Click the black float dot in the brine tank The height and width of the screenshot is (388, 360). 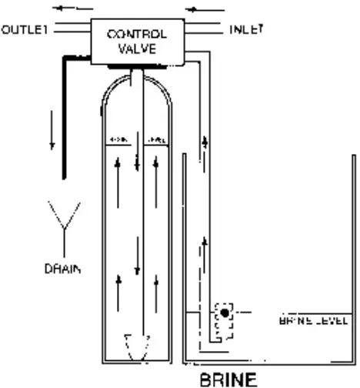pyautogui.click(x=224, y=312)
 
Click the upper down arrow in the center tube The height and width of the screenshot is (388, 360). pyautogui.click(x=136, y=162)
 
